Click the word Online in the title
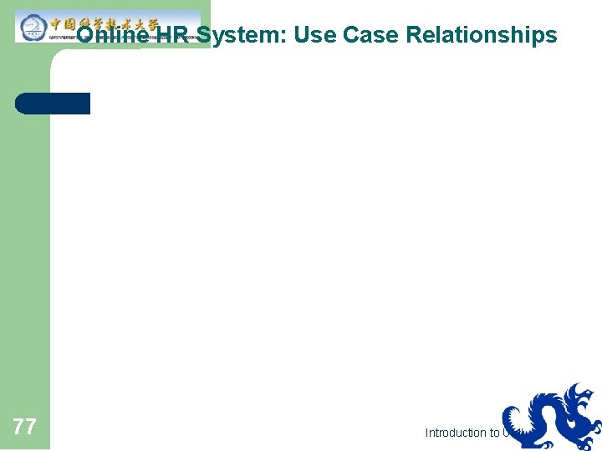113,35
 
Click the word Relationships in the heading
481,35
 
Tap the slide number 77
25,428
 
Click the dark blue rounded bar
52,104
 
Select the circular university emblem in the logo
33,26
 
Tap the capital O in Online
86,35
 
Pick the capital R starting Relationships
414,35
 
